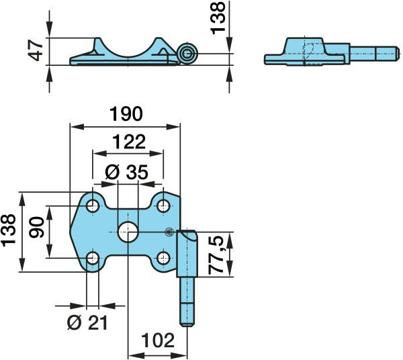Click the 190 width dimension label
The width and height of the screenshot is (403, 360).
coord(126,114)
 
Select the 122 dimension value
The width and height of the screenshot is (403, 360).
coord(129,142)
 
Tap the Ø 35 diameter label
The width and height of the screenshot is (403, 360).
coord(127,172)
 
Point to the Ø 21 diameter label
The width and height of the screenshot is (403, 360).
coord(87,323)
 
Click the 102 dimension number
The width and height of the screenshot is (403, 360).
coord(158,341)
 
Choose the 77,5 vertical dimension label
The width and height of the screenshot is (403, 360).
coord(216,255)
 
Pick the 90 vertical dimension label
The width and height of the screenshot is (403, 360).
coord(37,227)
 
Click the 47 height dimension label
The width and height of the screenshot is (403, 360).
coord(36,50)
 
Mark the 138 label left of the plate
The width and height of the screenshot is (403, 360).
coord(9,230)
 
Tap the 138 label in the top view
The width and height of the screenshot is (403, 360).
coord(218,17)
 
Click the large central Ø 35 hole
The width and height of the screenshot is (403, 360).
coord(128,232)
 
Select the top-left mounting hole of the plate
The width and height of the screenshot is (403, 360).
coord(93,206)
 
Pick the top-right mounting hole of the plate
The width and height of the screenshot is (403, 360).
coord(163,206)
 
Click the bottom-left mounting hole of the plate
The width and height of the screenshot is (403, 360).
coord(93,258)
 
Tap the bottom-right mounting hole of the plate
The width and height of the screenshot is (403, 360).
coord(163,258)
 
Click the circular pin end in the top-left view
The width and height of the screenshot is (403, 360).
coord(187,54)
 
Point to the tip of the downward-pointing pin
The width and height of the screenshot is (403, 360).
coord(187,326)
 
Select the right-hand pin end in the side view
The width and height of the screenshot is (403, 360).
coord(398,54)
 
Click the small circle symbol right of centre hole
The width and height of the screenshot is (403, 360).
coord(169,232)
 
